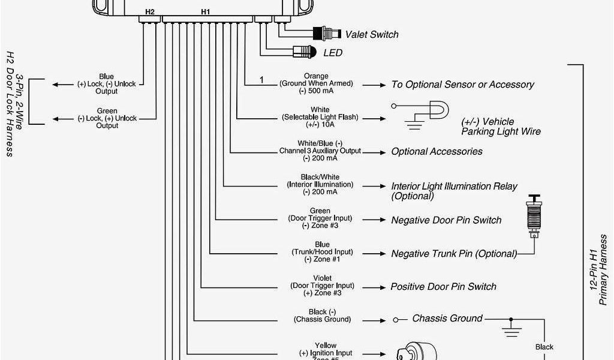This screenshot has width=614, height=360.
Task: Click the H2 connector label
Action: tap(150, 11)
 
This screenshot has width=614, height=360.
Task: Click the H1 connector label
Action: tap(206, 11)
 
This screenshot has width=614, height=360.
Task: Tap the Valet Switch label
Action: tap(372, 35)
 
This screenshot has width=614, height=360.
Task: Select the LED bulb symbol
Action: tap(305, 52)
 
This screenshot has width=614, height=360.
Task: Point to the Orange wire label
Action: tap(316, 76)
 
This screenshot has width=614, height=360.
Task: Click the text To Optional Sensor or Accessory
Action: tap(462, 85)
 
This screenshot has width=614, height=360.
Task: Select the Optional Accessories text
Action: tap(437, 151)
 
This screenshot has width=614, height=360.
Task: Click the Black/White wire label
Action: tap(320, 177)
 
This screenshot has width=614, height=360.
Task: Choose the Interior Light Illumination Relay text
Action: tap(454, 187)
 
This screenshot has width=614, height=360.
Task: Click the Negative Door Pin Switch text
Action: tap(446, 220)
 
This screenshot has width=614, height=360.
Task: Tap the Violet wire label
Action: tap(322, 278)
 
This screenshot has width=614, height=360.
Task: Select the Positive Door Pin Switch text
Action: tap(443, 287)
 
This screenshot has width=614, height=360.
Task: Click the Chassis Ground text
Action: tap(447, 318)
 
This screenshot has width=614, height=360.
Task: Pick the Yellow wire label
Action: tap(325, 346)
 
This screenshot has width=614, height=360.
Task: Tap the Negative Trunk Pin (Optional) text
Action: tap(454, 254)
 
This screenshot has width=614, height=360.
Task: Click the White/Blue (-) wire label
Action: tap(320, 143)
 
